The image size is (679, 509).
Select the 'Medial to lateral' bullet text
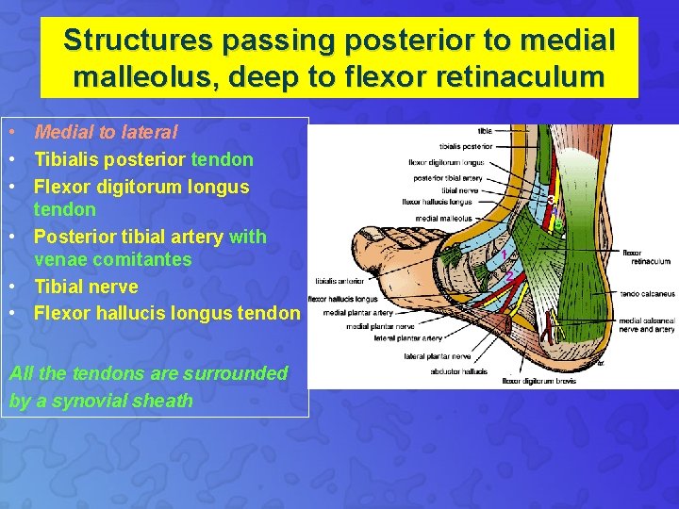(x=106, y=134)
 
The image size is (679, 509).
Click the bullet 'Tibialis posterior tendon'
(x=143, y=160)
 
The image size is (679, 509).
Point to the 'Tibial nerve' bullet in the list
(x=86, y=287)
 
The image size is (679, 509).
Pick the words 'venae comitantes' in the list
(x=112, y=259)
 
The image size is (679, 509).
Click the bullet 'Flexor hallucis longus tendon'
(x=167, y=313)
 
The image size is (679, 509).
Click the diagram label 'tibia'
(x=484, y=130)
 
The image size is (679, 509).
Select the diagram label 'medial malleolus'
(x=443, y=219)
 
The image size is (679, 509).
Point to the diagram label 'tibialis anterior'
(x=338, y=280)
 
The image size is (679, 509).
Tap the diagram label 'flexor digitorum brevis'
(x=539, y=382)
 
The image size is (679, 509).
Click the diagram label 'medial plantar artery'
(x=357, y=313)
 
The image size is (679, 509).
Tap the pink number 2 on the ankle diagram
(x=510, y=275)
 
